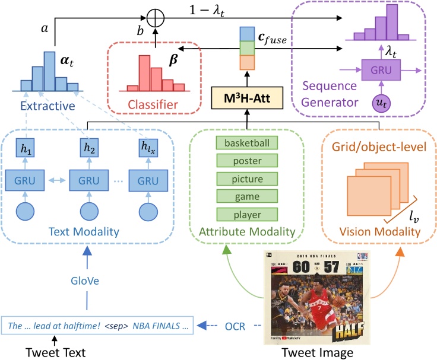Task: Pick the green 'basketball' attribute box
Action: coord(246,143)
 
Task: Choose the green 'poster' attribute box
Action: coord(246,161)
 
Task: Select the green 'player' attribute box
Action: coord(246,214)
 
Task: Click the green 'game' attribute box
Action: coord(246,196)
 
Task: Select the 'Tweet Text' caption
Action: coord(56,352)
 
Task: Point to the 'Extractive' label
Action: coord(47,106)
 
